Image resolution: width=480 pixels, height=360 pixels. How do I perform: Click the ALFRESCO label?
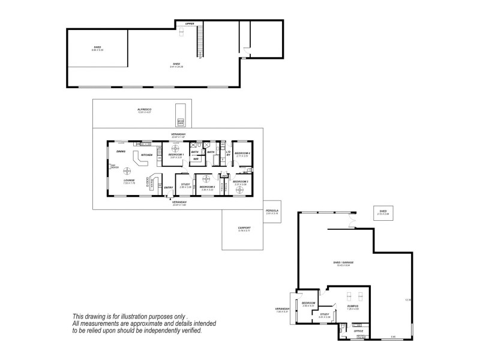[142, 110]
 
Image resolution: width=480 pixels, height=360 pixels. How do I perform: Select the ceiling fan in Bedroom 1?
[176, 148]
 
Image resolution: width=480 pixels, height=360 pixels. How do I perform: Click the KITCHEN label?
[146, 155]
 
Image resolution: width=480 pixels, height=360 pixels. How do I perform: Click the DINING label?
[121, 152]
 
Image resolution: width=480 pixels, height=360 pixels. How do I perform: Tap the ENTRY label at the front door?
[169, 188]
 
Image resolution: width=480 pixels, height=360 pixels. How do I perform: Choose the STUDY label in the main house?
[186, 185]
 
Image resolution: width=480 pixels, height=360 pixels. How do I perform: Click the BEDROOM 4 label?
[241, 154]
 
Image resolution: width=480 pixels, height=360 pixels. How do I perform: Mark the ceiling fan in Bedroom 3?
[240, 190]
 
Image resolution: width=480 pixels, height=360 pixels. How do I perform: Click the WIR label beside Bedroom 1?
[196, 159]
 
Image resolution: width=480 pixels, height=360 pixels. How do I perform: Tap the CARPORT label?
[244, 228]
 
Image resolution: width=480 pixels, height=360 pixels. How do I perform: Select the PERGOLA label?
[272, 211]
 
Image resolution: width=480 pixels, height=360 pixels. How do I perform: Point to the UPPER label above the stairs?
[190, 23]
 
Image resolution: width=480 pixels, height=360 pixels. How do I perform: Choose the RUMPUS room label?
[352, 306]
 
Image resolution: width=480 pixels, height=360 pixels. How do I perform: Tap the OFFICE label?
[359, 331]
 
